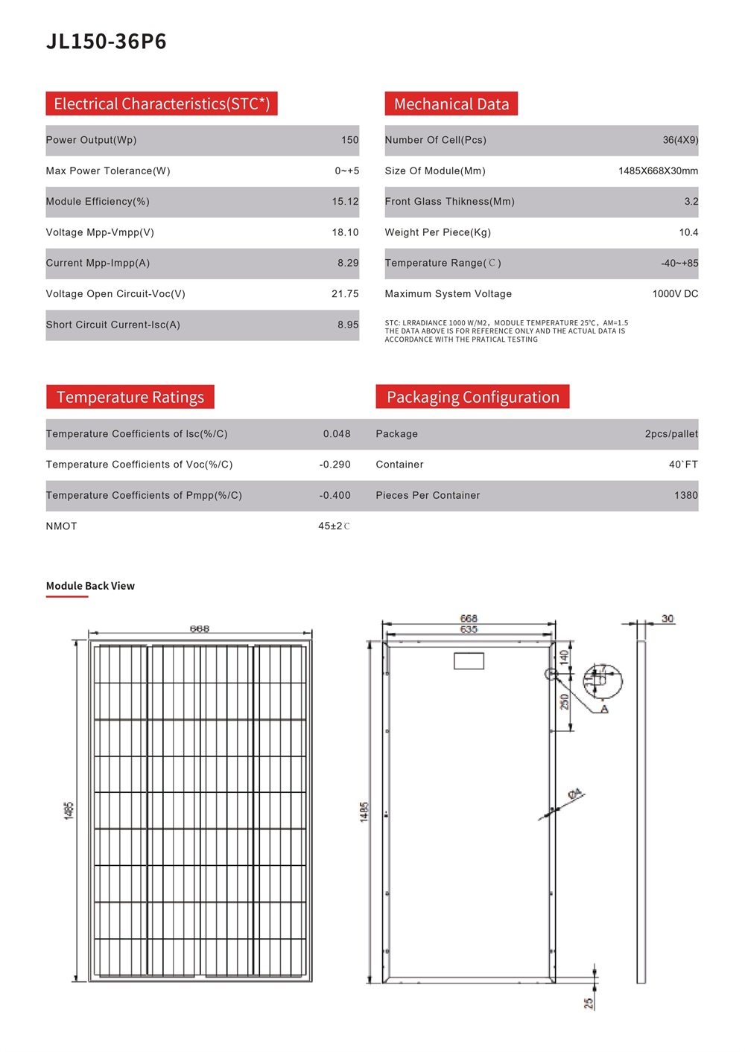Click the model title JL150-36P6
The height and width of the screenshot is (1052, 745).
tap(107, 42)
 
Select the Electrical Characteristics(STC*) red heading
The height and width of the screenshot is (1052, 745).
tap(162, 103)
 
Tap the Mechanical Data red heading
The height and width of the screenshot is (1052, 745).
tap(451, 104)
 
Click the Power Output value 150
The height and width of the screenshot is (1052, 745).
tap(349, 140)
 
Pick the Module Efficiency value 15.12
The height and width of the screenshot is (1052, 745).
tap(345, 202)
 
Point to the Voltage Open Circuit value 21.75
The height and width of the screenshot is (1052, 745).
tap(345, 294)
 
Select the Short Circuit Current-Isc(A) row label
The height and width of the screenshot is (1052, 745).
tap(113, 325)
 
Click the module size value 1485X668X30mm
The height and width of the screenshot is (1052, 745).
tap(658, 171)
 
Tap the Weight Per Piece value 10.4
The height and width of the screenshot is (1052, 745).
tap(688, 232)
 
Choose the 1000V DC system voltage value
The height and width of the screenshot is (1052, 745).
tap(675, 294)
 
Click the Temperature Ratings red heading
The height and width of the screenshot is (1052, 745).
tap(130, 397)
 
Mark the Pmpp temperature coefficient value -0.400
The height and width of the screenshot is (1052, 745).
tap(335, 496)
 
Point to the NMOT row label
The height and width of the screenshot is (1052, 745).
tap(62, 526)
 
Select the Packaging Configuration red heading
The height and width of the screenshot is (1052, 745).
tap(473, 397)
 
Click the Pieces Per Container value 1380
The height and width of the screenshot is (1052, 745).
tap(685, 496)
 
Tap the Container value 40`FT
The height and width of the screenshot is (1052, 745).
tap(683, 465)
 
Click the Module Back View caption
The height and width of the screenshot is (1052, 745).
tap(90, 586)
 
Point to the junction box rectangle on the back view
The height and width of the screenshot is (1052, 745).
tap(469, 660)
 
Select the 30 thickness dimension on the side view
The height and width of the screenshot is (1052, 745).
tap(668, 619)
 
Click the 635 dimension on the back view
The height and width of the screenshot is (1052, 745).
tap(469, 630)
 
